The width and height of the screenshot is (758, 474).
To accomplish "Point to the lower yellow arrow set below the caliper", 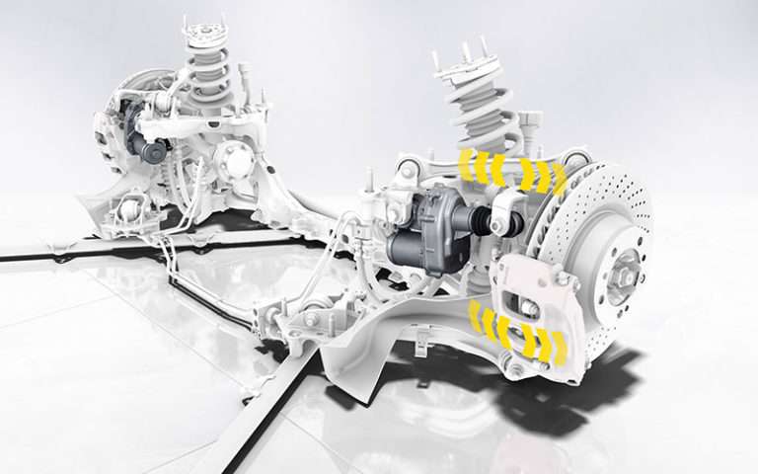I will coord(517,331).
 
